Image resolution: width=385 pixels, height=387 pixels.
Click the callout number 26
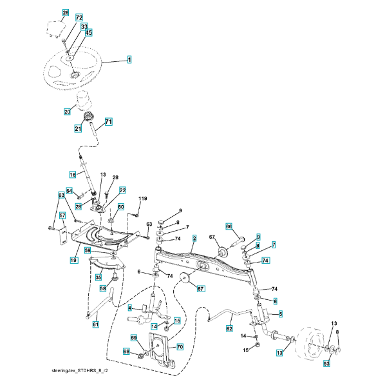click(x=66, y=13)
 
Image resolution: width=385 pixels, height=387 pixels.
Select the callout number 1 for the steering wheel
click(x=129, y=60)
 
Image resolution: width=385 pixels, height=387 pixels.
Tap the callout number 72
click(x=79, y=18)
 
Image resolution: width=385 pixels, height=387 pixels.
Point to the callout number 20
click(x=67, y=112)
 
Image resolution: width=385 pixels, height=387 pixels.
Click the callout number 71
click(x=109, y=122)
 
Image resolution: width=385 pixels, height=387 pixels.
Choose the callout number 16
click(x=73, y=175)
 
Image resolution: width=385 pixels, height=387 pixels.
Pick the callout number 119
click(x=143, y=199)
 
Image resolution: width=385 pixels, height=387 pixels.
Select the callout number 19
click(x=74, y=260)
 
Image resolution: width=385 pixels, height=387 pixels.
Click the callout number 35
click(x=99, y=277)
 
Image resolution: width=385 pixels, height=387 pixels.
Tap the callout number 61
click(x=95, y=324)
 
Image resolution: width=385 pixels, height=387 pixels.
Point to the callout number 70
click(x=180, y=347)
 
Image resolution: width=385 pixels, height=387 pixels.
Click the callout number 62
click(x=229, y=328)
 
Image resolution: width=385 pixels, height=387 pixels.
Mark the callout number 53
click(x=326, y=364)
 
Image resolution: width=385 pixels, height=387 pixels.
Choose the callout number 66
click(x=229, y=226)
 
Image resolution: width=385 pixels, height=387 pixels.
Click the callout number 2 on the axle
click(x=194, y=239)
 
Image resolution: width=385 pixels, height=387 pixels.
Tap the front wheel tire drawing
click(x=310, y=345)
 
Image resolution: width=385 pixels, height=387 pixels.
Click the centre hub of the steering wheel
click(x=75, y=75)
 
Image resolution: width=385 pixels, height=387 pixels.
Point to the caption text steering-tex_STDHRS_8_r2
click(x=80, y=371)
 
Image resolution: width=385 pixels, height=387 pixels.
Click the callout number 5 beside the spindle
click(x=281, y=314)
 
